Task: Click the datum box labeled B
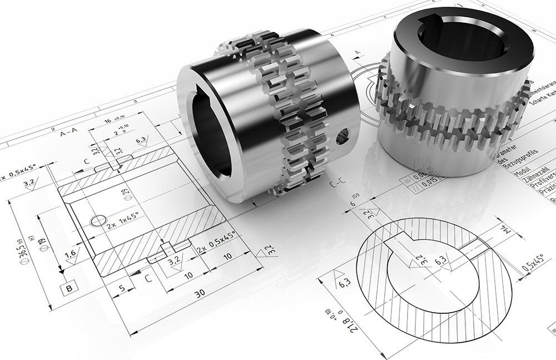[69, 288]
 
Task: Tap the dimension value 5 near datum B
[122, 289]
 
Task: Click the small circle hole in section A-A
[97, 221]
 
